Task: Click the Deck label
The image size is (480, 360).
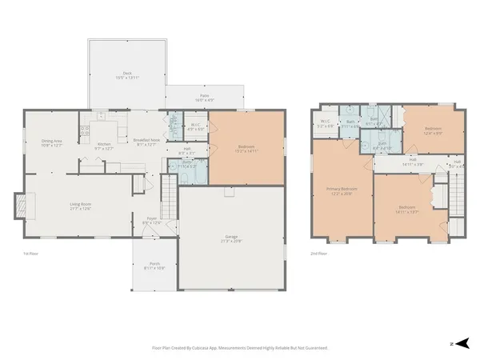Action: tap(127, 75)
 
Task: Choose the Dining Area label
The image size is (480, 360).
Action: tap(51, 143)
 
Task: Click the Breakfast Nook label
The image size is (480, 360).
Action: tap(146, 142)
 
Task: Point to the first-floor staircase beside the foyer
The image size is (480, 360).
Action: tap(168, 193)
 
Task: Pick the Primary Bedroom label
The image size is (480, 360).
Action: tap(342, 191)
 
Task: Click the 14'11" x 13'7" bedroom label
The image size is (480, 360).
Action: tap(406, 210)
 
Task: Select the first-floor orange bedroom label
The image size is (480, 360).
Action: tap(246, 148)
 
